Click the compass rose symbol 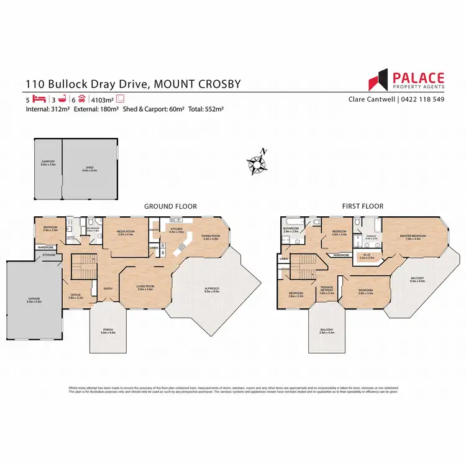[x=256, y=162]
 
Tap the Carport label [x=48, y=163]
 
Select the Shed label [x=89, y=168]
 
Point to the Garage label [x=34, y=299]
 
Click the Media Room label [x=127, y=233]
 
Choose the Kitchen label [x=177, y=231]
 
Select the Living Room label [x=145, y=288]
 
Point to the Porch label [x=108, y=331]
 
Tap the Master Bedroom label [x=413, y=236]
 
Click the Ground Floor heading [x=170, y=206]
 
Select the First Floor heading [x=363, y=206]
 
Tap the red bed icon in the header [x=40, y=99]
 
